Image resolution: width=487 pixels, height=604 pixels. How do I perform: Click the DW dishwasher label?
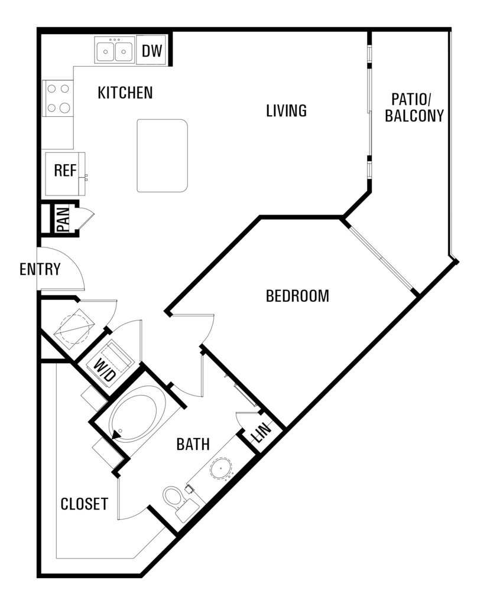click(x=152, y=51)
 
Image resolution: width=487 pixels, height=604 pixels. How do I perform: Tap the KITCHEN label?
click(x=125, y=93)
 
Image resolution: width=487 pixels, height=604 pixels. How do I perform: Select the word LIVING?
click(x=287, y=110)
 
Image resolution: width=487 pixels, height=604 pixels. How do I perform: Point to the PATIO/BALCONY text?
click(x=414, y=107)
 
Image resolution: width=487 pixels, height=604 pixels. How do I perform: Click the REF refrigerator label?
click(x=65, y=171)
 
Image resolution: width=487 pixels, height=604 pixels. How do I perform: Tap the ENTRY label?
click(x=40, y=269)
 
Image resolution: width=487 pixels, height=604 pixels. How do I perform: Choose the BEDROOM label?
click(x=298, y=296)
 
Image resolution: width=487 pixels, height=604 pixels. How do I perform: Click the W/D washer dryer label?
click(x=105, y=370)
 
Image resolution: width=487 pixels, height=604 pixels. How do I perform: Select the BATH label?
click(x=193, y=444)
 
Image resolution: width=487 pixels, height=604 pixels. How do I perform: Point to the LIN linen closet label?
click(x=261, y=433)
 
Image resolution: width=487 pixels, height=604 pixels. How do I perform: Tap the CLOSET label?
click(x=85, y=504)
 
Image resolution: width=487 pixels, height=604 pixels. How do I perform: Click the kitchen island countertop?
click(x=163, y=156)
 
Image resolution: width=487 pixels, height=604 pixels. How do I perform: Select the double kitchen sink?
click(x=115, y=50)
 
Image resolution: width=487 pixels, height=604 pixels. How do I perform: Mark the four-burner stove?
click(x=58, y=99)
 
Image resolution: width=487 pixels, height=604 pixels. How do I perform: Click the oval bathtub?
click(x=138, y=413)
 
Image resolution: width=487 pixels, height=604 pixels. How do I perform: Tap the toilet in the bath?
click(x=177, y=500)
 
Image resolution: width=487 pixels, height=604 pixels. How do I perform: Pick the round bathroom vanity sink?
click(x=221, y=468)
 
